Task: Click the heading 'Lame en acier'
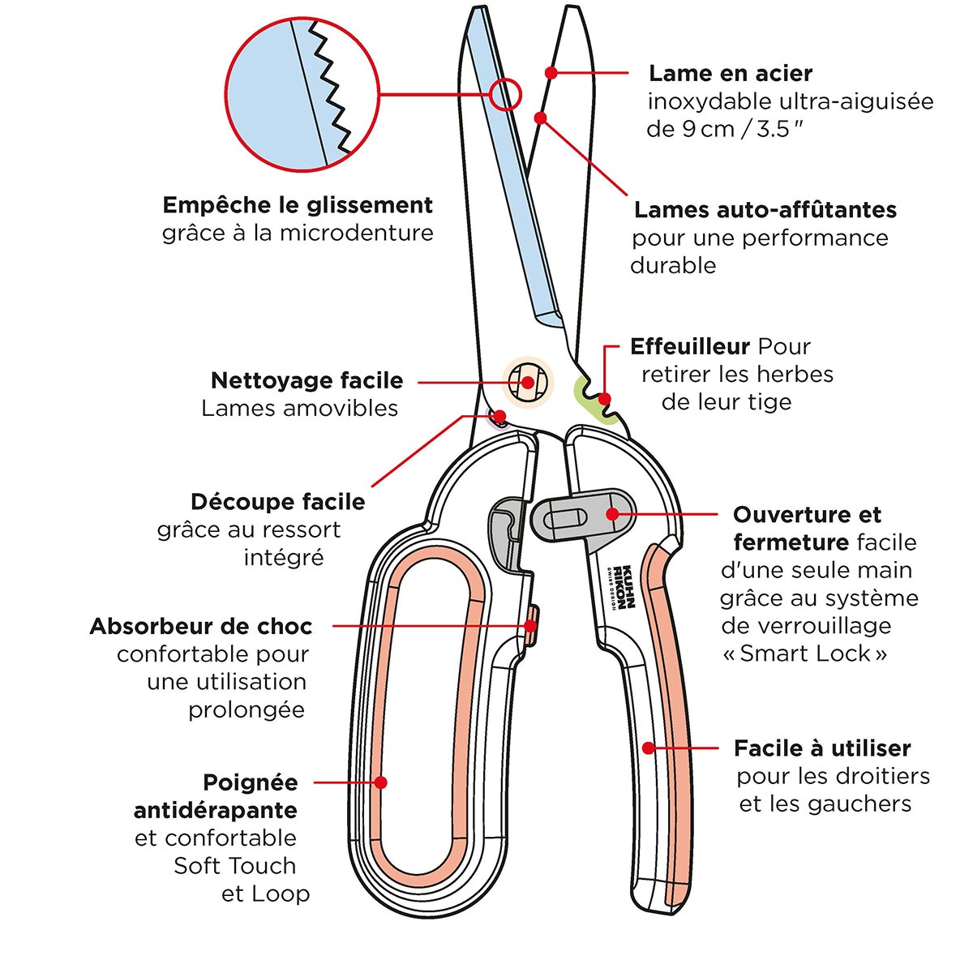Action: pos(730,74)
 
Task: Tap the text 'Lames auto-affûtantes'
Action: pos(765,210)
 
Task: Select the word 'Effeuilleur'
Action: pos(689,347)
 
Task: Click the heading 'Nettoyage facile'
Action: pos(306,380)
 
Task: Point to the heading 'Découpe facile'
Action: pos(277,502)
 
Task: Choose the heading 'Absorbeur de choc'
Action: pos(200,627)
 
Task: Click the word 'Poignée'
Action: pos(250,783)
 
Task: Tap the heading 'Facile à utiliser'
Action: pos(821,748)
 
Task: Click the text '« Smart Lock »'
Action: pos(804,654)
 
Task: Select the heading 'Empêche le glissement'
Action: pos(298,205)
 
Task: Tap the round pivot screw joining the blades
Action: pos(527,382)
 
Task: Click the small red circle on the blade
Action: pos(504,94)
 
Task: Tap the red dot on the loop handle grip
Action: pos(381,782)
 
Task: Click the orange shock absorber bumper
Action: pos(532,625)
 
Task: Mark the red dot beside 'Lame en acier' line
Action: pos(551,72)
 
